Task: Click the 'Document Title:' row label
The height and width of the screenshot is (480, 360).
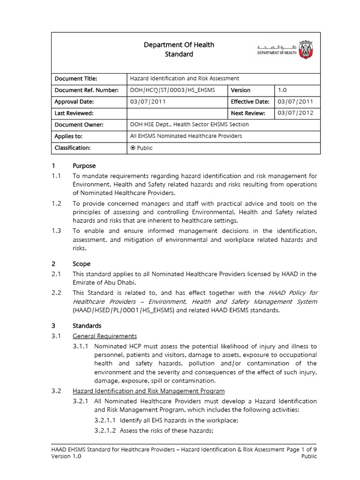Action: pos(76,79)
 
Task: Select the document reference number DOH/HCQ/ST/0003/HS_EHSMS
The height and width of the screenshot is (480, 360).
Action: pos(172,90)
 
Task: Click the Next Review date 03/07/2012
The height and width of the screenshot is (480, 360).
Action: pos(295,113)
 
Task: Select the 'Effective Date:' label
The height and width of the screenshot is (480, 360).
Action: pos(250,102)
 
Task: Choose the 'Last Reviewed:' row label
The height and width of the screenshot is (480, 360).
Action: pos(74,113)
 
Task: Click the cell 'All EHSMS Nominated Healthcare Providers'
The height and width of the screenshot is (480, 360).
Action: pos(186,136)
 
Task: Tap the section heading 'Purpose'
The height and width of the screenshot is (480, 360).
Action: pos(84,165)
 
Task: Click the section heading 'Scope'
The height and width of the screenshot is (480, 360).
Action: pos(82,264)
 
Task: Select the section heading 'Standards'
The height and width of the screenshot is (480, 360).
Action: pos(87,326)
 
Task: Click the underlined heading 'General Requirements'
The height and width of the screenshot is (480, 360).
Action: pos(105,336)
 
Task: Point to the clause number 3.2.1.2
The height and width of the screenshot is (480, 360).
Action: pos(106,431)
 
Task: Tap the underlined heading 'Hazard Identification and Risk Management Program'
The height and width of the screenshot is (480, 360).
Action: pos(149,391)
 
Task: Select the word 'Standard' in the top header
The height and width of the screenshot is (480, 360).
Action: pos(179,54)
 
